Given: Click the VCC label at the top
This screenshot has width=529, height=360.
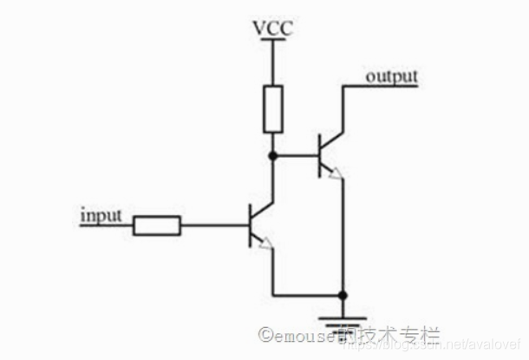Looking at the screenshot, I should click(272, 29).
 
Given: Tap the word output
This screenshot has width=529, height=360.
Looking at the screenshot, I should click(391, 76).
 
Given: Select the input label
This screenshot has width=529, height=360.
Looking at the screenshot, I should click(101, 213).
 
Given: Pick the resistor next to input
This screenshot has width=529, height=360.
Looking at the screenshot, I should click(157, 226).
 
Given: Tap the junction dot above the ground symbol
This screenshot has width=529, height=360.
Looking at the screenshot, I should click(343, 294).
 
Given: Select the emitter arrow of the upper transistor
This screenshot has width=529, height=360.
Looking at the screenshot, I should click(336, 173).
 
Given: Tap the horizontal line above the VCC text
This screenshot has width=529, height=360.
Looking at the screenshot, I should click(272, 38).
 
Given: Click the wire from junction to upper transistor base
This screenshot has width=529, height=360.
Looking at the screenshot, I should click(296, 156).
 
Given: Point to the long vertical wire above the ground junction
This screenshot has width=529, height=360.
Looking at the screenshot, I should click(343, 234).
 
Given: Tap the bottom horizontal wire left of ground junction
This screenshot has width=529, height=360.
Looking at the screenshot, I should click(308, 294).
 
